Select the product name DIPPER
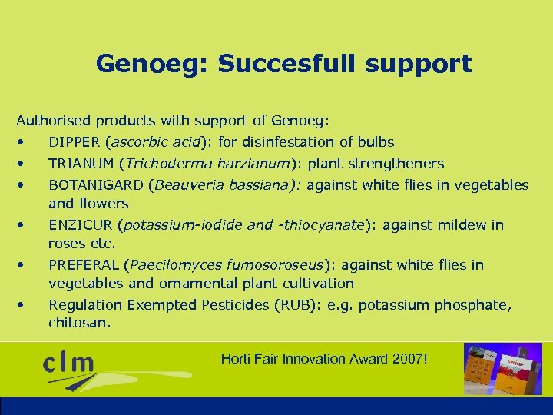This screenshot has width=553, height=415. tap(75, 142)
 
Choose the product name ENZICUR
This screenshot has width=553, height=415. tap(80, 225)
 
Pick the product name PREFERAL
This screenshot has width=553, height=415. tap(84, 265)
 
